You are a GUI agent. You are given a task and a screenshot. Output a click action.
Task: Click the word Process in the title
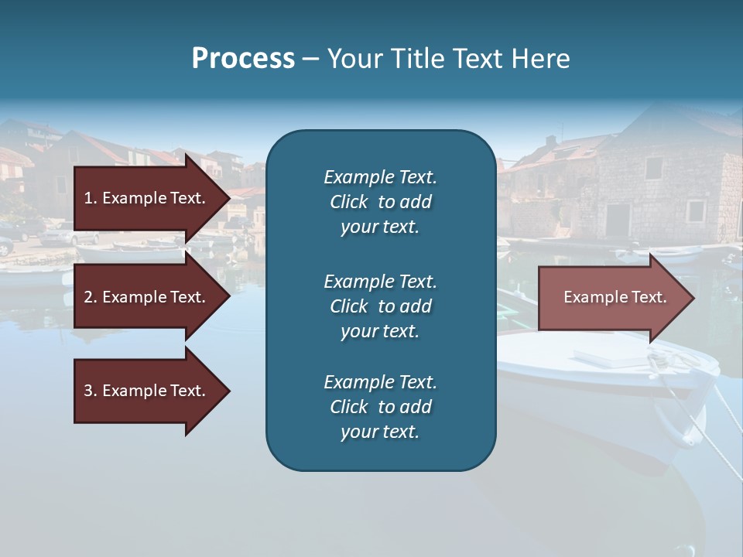point(243,59)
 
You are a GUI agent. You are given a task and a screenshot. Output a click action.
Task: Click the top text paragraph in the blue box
point(380,202)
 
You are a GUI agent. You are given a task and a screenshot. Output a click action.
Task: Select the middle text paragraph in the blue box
point(380,306)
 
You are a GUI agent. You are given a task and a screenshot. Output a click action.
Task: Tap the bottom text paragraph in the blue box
point(380,407)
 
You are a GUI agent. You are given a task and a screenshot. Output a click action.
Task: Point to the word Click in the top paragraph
point(349,202)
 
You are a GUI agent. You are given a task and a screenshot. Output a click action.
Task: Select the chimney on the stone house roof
point(550,142)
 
